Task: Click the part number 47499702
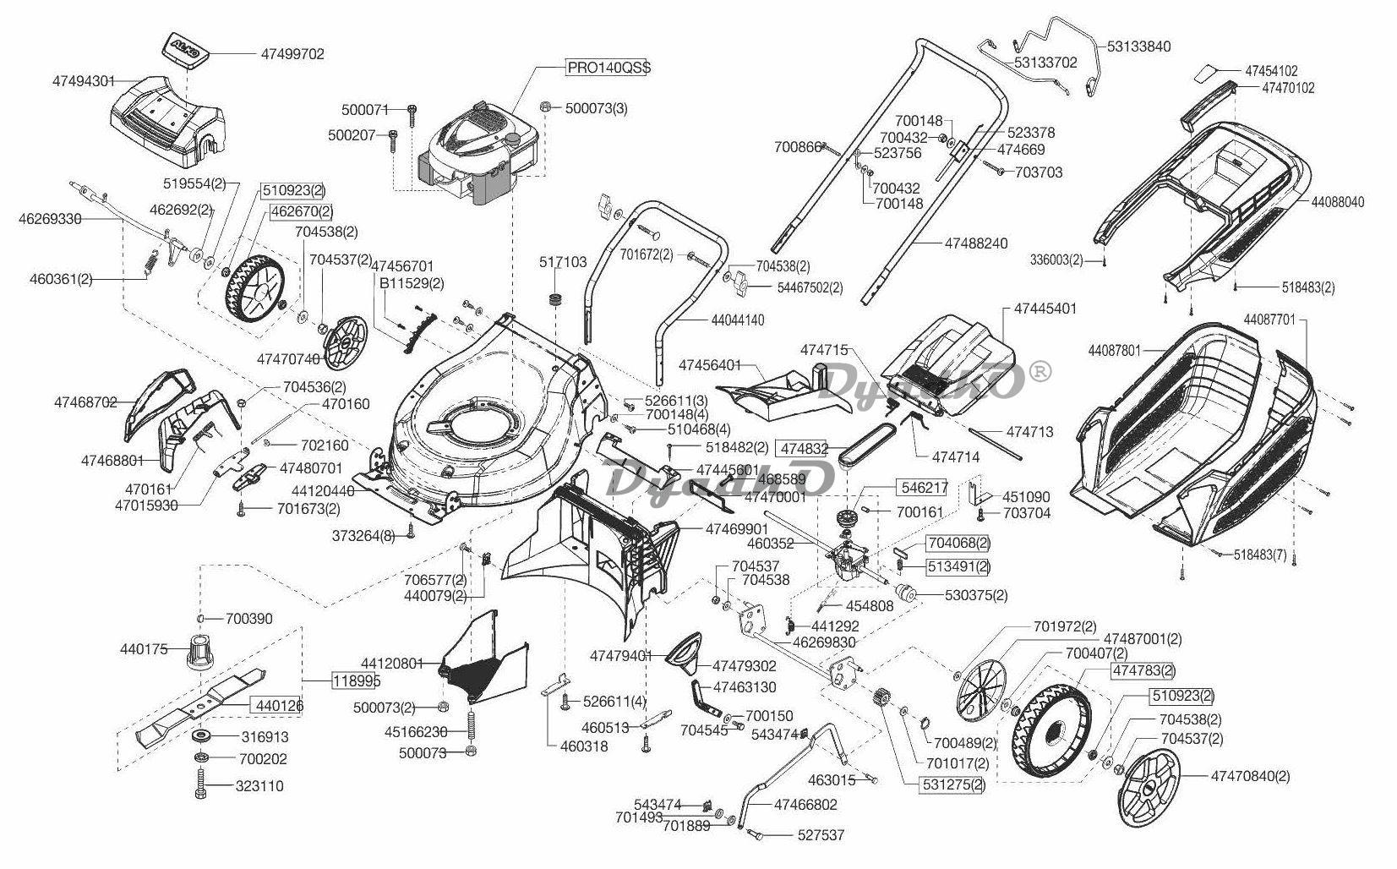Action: coord(292,53)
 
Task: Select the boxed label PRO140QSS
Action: coord(608,68)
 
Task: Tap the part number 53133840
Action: coord(1138,46)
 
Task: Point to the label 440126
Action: coord(276,705)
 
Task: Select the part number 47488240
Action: coord(976,243)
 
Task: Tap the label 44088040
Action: coord(1338,202)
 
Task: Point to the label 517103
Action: coord(563,262)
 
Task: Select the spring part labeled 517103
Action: coord(556,299)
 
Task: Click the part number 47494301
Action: coord(84,81)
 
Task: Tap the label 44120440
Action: coord(323,490)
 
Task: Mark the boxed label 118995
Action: coord(356,680)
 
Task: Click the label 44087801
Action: coord(1115,349)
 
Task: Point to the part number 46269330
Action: coord(50,219)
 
